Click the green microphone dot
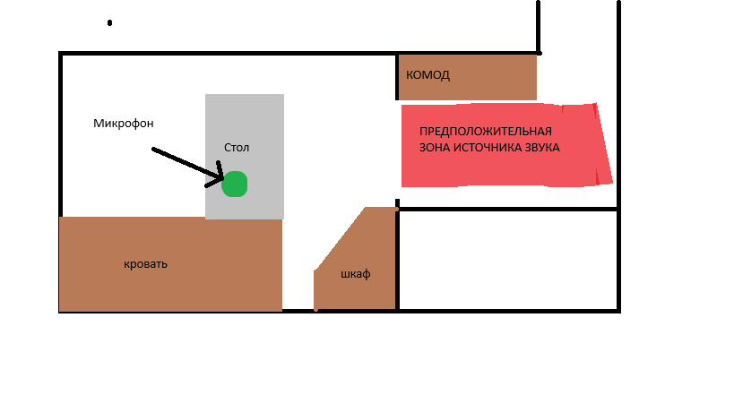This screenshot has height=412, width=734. [234, 184]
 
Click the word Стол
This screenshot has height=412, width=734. [237, 147]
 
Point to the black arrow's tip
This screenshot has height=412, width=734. [220, 181]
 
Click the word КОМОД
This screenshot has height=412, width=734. [427, 75]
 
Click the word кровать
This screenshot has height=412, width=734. [145, 265]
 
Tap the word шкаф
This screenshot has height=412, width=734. [356, 274]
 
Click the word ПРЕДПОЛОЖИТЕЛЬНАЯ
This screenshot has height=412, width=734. [485, 132]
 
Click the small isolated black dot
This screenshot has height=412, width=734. [109, 23]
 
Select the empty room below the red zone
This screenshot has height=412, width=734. [507, 260]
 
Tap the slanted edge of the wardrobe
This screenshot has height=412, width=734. [340, 239]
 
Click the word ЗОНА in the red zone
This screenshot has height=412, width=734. [436, 148]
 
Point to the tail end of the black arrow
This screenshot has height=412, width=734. [154, 150]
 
